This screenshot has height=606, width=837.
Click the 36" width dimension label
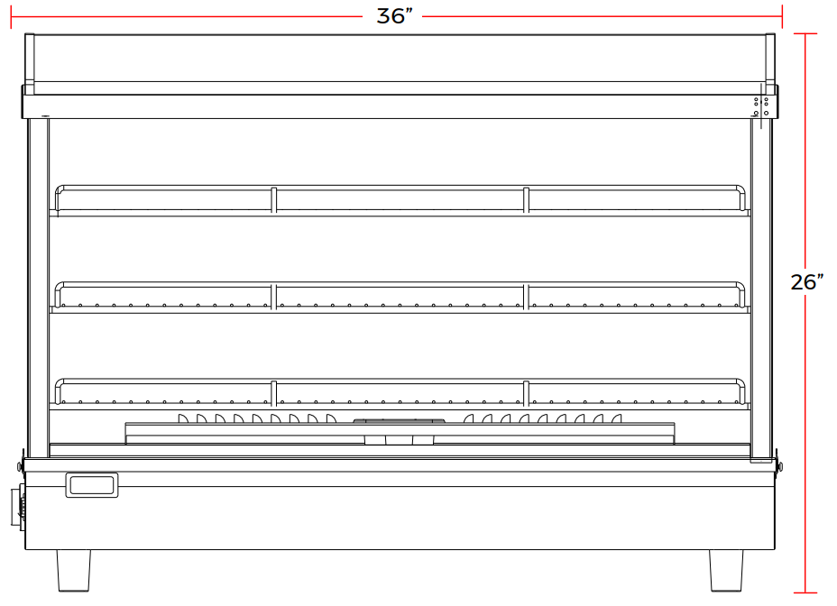(394, 16)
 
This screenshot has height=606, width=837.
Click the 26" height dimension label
(806, 282)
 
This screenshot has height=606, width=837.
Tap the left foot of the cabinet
(74, 570)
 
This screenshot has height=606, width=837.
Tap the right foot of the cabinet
(726, 570)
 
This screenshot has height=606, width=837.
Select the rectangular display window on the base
(92, 485)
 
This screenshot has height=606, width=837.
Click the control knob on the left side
(19, 507)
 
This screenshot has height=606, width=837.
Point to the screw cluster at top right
(761, 106)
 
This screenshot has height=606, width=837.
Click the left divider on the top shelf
(274, 200)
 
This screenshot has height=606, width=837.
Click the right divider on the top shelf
(526, 200)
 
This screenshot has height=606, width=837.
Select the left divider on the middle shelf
(274, 297)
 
